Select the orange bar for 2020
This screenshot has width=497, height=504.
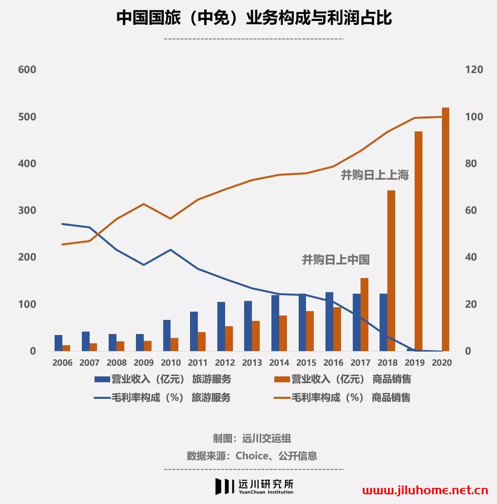tap(445, 229)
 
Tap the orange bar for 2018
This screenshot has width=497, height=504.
tap(391, 270)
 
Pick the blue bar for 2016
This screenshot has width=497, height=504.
tap(329, 321)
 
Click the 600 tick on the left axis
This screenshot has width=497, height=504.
tap(27, 70)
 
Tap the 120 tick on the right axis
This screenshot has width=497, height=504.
tap(474, 70)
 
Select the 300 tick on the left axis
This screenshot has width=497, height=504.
tap(27, 210)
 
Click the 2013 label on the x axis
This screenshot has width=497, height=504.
tap(252, 363)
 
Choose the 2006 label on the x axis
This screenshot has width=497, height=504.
tap(62, 363)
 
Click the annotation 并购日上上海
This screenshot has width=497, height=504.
tap(374, 175)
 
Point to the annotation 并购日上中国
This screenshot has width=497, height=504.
tap(335, 260)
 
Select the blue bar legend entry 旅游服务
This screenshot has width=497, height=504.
tap(163, 379)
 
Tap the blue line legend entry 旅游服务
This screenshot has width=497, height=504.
tap(163, 397)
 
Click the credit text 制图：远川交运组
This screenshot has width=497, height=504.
tap(252, 438)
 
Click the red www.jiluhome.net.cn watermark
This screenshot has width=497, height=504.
tap(425, 490)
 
